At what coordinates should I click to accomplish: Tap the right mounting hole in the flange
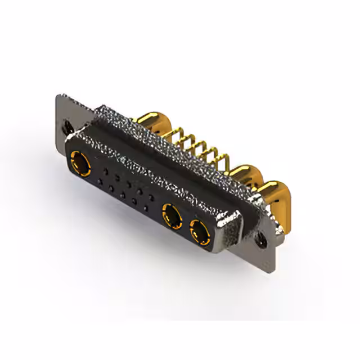point(263,238)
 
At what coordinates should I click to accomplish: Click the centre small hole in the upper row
point(128,182)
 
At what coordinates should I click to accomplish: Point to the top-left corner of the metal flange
point(58,96)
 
